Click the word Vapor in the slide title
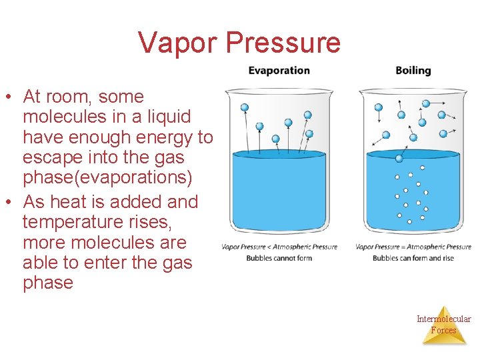[x=178, y=43]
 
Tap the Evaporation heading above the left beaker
[x=279, y=71]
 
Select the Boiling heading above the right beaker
[x=413, y=71]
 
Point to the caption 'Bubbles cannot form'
[x=279, y=258]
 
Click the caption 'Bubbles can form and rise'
[x=413, y=258]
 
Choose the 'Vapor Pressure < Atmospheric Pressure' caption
[x=279, y=247]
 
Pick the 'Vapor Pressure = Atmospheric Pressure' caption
[x=413, y=247]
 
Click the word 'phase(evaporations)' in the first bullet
[x=107, y=178]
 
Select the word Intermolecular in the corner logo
[x=443, y=319]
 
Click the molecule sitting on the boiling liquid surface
[x=399, y=158]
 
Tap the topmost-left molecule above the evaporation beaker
[x=245, y=107]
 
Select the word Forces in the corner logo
[x=443, y=330]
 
